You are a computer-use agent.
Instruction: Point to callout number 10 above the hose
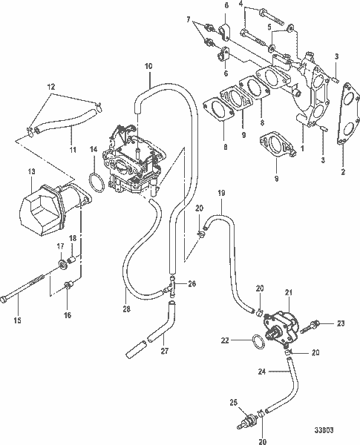(x=148, y=67)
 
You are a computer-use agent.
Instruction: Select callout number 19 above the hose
(x=220, y=193)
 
